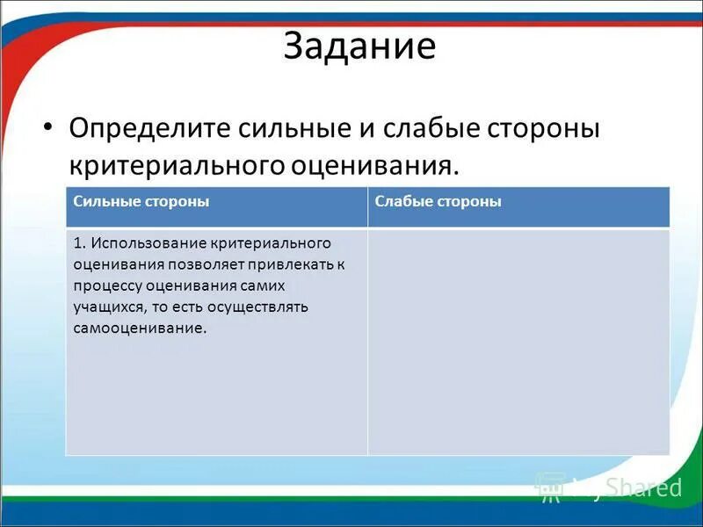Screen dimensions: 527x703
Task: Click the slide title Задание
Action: point(359,47)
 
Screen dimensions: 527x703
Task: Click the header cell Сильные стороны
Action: point(141,201)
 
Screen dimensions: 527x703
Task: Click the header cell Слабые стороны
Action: point(438,201)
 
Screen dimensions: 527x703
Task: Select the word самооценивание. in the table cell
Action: point(141,328)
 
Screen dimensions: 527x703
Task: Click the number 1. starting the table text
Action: point(80,242)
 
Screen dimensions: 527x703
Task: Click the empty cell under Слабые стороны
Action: point(518,341)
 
